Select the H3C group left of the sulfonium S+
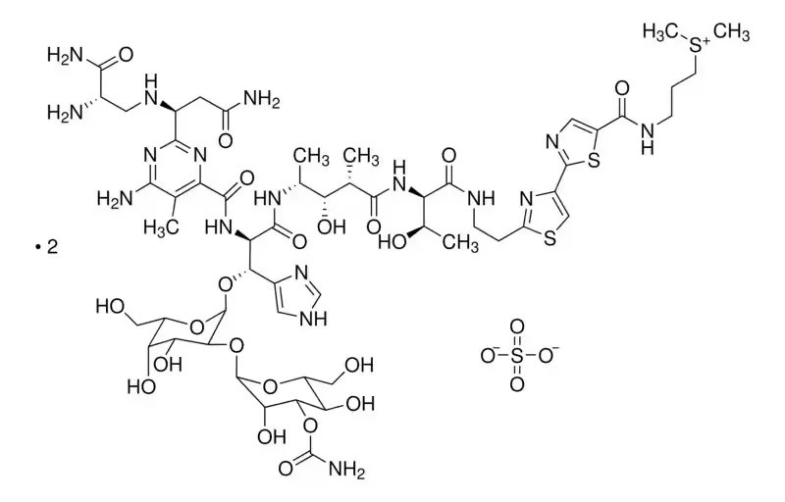(x=660, y=32)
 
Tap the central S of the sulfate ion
(x=517, y=356)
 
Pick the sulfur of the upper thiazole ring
(x=595, y=162)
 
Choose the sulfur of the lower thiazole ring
(x=549, y=239)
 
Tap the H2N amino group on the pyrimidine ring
(x=115, y=198)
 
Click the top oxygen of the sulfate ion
(x=517, y=327)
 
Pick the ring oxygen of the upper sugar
(x=197, y=327)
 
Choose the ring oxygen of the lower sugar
(x=271, y=385)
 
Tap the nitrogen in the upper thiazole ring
(x=551, y=142)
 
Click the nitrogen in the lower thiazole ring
(x=527, y=200)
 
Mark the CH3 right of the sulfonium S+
(x=731, y=32)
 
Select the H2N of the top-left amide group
(x=65, y=54)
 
